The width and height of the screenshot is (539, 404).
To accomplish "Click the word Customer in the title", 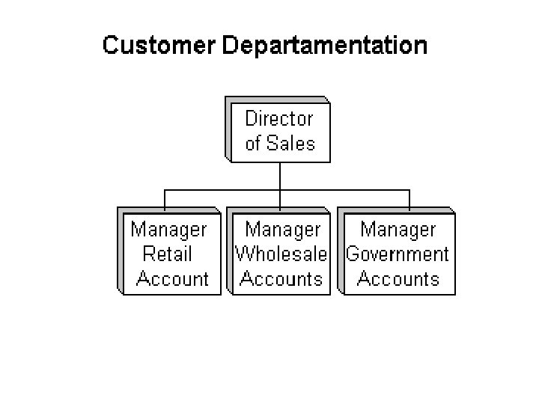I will coord(158,46).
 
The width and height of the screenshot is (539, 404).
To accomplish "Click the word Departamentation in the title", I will coord(324,46).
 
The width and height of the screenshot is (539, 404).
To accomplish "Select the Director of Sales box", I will coord(279,130).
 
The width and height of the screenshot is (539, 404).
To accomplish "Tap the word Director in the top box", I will coord(279,118).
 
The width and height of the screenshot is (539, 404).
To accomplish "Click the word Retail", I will coord(167,254).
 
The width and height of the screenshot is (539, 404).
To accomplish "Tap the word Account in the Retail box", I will coord(173,279).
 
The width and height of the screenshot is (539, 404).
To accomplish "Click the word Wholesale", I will coord(281,254).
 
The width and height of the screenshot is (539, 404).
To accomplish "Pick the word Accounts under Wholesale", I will coord(281,279).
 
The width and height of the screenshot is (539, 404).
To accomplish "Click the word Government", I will coord(398,254).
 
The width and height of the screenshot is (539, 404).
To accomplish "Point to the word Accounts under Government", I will coord(398,279).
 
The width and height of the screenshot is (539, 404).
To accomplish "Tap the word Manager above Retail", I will coord(168,229).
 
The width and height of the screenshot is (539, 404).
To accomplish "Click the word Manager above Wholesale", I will coord(283,229).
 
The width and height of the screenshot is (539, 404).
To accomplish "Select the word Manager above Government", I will coord(398,229).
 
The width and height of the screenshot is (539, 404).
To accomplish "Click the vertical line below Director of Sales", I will coord(280,175).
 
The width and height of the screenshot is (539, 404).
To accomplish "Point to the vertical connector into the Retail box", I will coord(165,199).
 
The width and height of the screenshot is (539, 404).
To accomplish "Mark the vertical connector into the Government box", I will coord(409,199).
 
